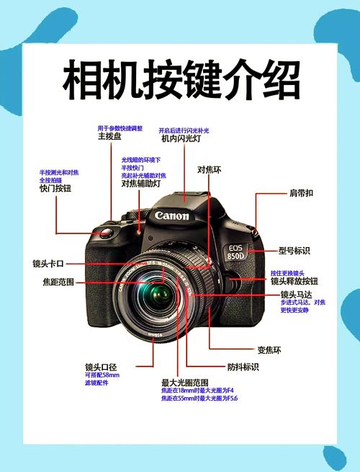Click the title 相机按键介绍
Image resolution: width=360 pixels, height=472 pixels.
181,81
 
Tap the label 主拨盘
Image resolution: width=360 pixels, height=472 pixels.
109,136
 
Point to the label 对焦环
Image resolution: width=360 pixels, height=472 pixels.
209,170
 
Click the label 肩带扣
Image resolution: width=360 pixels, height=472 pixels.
302,193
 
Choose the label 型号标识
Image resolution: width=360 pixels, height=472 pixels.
294,251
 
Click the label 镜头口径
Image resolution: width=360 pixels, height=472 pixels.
101,367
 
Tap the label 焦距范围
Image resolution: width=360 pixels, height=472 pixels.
58,282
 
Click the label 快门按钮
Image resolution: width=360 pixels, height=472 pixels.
55,188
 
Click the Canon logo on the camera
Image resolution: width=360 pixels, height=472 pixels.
171,215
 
